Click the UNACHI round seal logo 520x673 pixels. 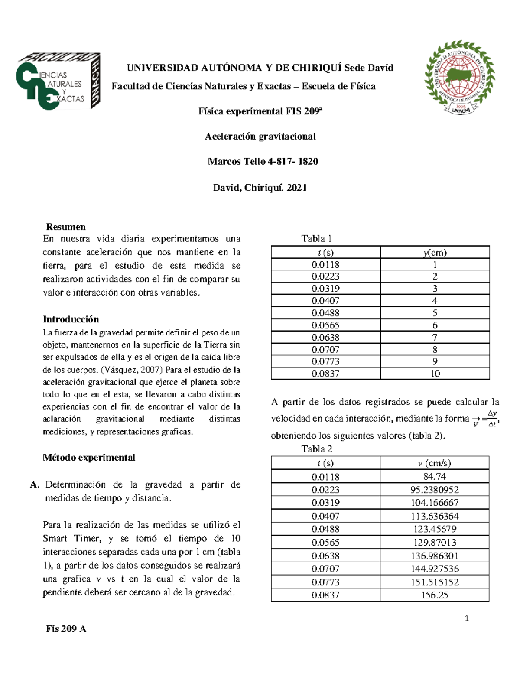(459, 78)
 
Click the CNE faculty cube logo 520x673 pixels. (58, 81)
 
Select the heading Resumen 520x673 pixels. (66, 227)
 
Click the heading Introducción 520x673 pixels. (71, 319)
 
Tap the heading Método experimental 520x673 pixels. (89, 458)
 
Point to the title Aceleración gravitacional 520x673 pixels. (260, 137)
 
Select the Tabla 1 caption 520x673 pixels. (316, 238)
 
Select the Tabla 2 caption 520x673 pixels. (317, 449)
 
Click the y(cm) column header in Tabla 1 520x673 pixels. (435, 252)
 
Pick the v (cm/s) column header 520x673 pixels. (434, 463)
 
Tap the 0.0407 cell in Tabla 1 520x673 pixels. (325, 301)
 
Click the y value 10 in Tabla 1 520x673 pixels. (435, 374)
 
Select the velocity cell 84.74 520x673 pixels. (434, 476)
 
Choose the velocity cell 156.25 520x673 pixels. (435, 595)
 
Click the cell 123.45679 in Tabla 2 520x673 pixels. (434, 529)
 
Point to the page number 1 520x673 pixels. (467, 618)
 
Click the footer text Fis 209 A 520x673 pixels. (66, 629)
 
